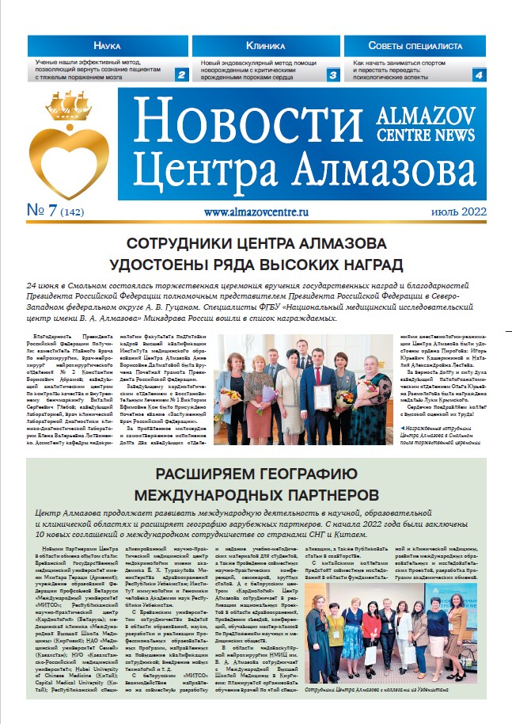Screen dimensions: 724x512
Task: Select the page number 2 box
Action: (181, 76)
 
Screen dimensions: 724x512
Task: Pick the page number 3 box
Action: (333, 76)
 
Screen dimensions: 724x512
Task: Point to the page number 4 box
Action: (478, 76)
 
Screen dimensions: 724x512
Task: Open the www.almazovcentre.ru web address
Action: (255, 212)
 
